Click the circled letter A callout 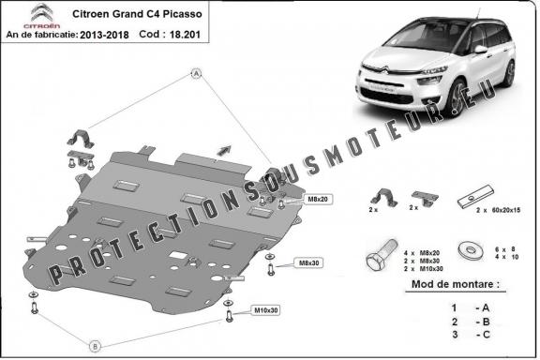click(x=197, y=73)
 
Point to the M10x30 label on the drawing click(x=267, y=309)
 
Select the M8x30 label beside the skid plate click(x=306, y=262)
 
